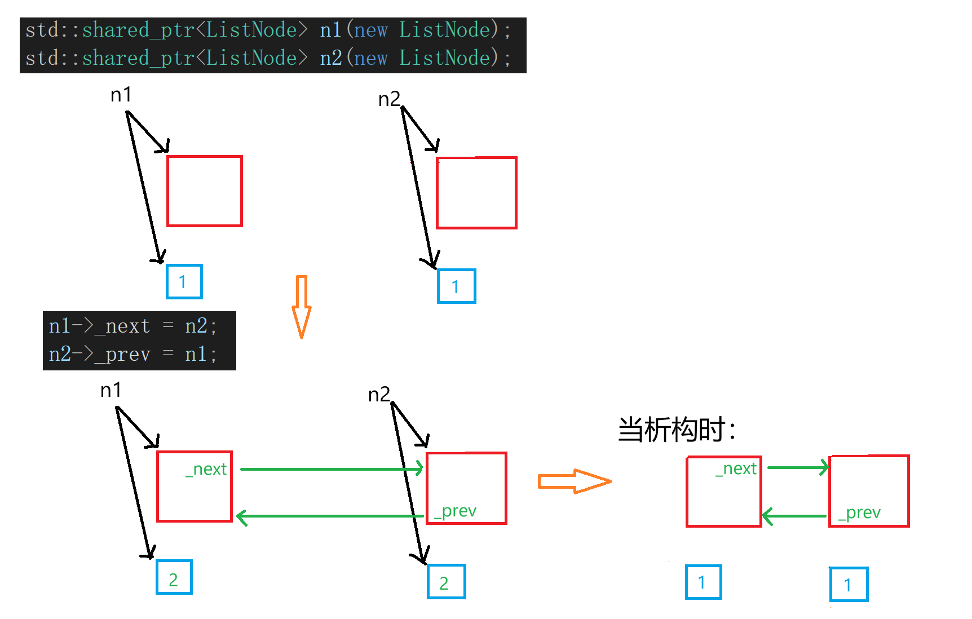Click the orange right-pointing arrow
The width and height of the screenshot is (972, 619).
point(574,481)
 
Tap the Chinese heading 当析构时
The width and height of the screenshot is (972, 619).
point(676,430)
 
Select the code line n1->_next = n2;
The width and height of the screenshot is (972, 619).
point(132,326)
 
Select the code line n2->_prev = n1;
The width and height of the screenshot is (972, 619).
point(132,355)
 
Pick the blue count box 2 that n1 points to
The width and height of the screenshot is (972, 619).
point(174,577)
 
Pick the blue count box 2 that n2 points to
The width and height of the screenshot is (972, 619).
point(446,581)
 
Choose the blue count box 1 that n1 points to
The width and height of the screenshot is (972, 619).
point(184,281)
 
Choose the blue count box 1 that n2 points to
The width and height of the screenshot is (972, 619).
point(456,286)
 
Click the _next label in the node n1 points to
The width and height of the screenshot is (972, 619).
point(206,469)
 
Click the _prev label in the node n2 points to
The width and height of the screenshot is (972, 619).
point(456,511)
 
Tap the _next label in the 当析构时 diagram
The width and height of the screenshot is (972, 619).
point(736,468)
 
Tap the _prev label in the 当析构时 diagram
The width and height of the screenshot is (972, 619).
point(859,512)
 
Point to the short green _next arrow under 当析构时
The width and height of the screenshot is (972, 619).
point(797,467)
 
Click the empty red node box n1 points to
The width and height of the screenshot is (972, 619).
point(205,191)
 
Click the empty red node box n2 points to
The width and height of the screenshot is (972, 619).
point(476,193)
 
